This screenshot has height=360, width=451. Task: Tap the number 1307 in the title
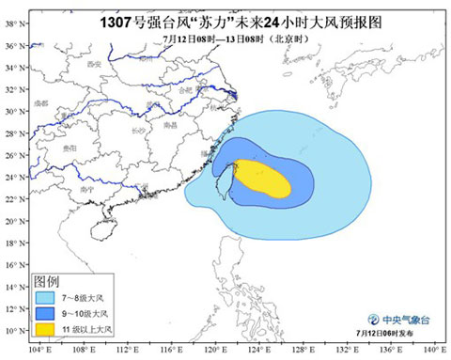click(120, 16)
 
